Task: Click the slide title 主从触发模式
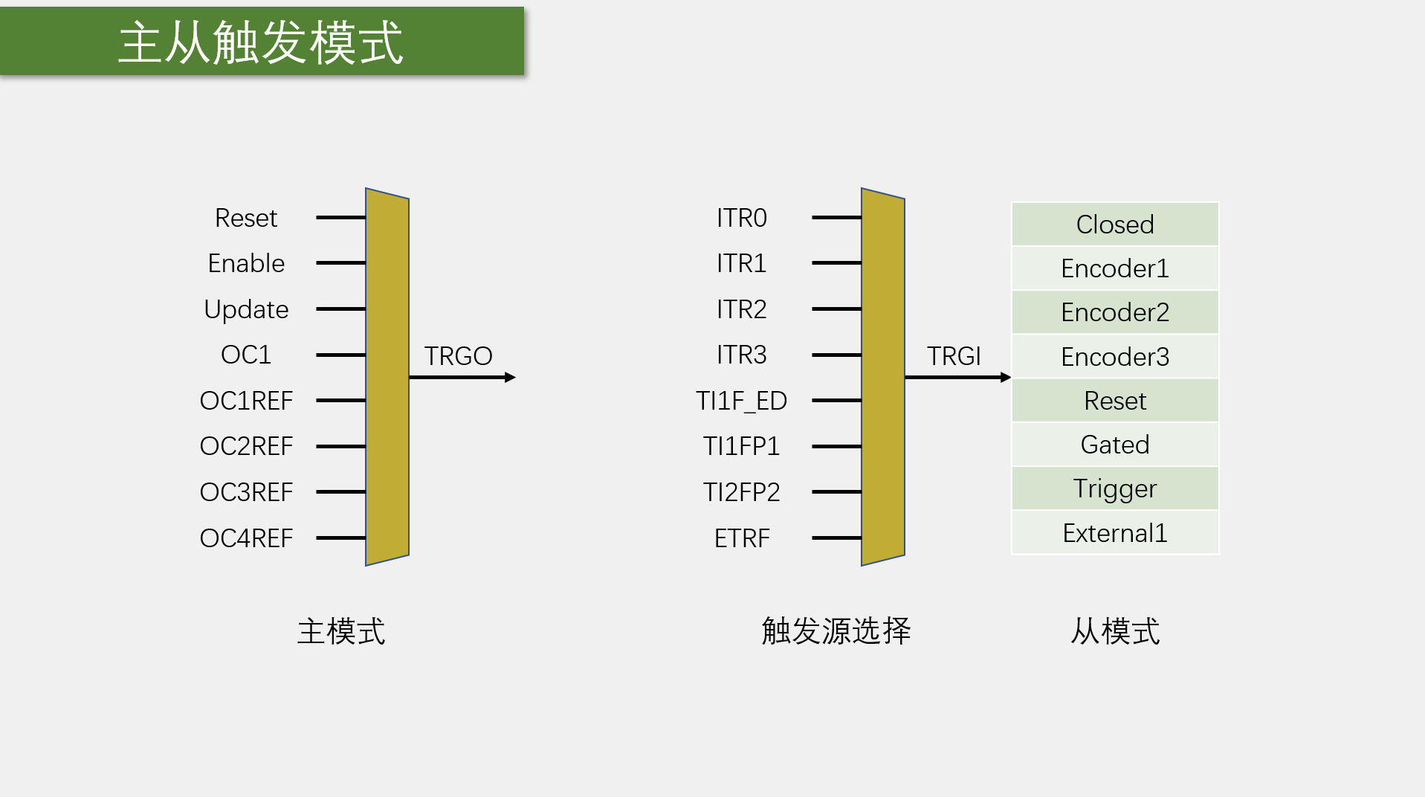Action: click(260, 42)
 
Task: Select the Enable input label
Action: click(246, 263)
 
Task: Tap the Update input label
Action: click(246, 309)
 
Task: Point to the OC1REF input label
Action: click(246, 401)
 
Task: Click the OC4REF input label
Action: click(246, 538)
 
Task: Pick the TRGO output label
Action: click(458, 356)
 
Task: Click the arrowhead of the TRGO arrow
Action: click(510, 378)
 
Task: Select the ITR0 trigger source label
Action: click(741, 218)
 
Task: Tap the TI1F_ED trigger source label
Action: click(741, 401)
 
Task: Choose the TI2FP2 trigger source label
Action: click(741, 492)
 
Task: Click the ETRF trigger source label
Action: click(741, 538)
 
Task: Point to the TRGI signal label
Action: click(954, 356)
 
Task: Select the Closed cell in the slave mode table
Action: click(1115, 224)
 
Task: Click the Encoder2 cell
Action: click(1115, 312)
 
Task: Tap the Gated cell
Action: click(1115, 445)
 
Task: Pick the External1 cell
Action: click(1115, 532)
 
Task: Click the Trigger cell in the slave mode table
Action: click(1115, 488)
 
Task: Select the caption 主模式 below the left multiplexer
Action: click(341, 631)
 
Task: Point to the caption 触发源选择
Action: click(836, 631)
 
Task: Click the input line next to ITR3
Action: click(836, 355)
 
